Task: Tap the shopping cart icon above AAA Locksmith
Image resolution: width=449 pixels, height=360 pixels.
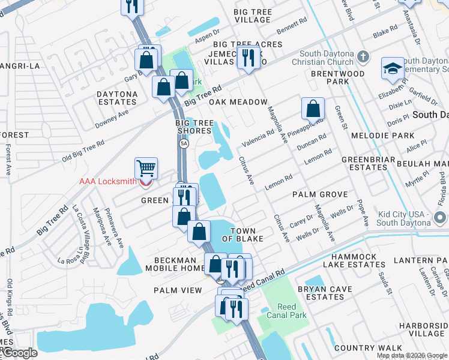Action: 146,167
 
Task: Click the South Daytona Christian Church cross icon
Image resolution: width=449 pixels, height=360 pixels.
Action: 362,57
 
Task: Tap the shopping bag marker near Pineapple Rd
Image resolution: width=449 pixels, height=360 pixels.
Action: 313,109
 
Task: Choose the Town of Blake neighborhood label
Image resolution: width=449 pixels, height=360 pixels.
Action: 243,235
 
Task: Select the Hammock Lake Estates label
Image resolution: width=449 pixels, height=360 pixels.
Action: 349,260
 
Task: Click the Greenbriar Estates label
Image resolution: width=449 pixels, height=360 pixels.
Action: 364,163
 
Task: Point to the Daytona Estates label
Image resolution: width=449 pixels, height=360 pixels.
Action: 117,98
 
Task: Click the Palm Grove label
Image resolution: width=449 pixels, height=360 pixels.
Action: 320,194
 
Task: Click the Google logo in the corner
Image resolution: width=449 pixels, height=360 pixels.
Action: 19,353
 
